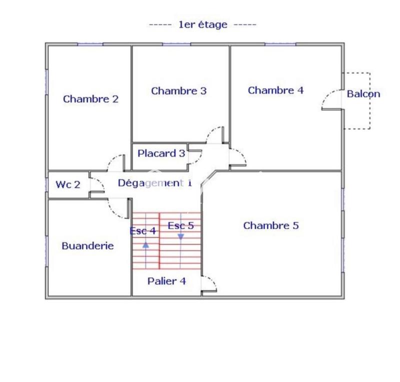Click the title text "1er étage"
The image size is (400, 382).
[x=202, y=24]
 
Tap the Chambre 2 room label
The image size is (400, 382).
[x=90, y=99]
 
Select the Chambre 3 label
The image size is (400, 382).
[x=178, y=91]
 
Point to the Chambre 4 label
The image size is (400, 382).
[x=275, y=90]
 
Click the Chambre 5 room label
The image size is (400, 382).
[x=270, y=226]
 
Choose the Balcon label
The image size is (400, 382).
[x=363, y=93]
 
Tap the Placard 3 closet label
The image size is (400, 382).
[x=161, y=153]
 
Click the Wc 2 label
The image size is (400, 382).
[x=67, y=185]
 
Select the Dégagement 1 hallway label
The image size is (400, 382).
[x=154, y=183]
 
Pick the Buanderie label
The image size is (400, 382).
[x=87, y=246]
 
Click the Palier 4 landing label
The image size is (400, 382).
[x=166, y=281]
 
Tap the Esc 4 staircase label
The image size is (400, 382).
[x=142, y=231]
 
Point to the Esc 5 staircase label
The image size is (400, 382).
[x=180, y=226]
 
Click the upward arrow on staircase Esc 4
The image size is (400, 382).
[x=145, y=245]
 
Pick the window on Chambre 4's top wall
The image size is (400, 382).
[x=280, y=44]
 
